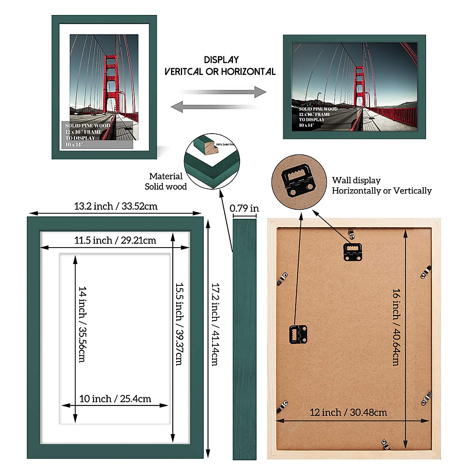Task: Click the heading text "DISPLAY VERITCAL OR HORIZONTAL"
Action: click(220, 65)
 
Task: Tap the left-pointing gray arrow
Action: click(215, 106)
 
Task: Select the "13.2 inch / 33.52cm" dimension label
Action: click(115, 206)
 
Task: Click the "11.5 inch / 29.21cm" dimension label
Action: click(115, 240)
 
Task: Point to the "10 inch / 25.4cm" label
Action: click(115, 399)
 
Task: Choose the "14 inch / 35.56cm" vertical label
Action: click(82, 324)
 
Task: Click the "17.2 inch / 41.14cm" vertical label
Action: click(215, 324)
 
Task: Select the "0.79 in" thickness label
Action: click(244, 208)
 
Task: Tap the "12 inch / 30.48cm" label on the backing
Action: click(348, 412)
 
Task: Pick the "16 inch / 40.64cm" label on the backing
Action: click(396, 327)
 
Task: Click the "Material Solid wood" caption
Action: click(166, 181)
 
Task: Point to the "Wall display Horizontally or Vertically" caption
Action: click(382, 185)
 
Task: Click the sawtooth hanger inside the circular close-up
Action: click(298, 181)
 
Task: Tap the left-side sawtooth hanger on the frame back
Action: click(298, 334)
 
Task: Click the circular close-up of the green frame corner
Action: click(212, 161)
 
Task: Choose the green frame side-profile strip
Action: click(244, 339)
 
